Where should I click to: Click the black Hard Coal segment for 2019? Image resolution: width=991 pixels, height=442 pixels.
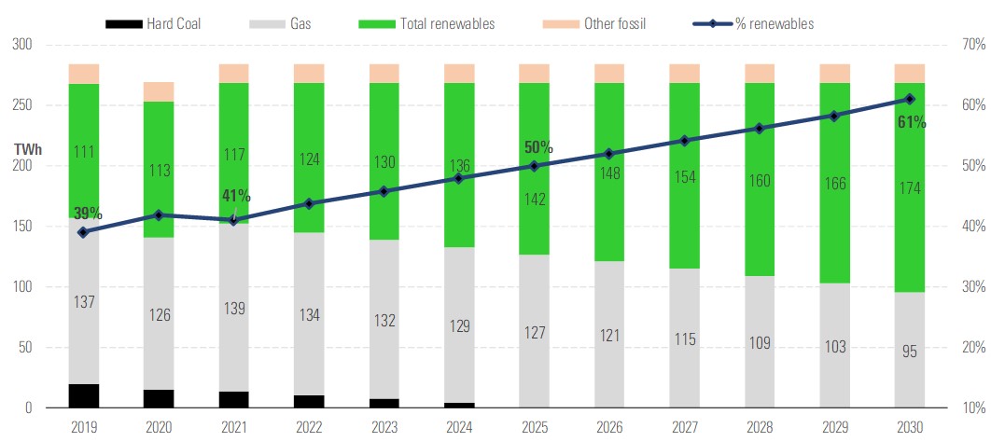(84, 396)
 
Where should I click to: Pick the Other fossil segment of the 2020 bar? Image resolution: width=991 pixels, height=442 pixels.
(159, 91)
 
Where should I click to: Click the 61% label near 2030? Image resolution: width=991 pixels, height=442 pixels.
(912, 122)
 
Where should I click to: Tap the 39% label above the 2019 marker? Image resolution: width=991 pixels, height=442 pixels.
(87, 214)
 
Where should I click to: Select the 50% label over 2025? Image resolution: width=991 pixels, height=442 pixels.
(537, 147)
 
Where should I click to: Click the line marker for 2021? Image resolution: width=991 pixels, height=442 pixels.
(233, 220)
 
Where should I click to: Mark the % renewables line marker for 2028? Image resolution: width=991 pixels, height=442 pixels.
(760, 129)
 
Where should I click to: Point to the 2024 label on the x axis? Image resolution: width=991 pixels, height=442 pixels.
(458, 428)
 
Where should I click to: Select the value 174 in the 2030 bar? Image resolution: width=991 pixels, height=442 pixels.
(910, 189)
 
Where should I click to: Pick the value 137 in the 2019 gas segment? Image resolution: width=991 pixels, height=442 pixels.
(84, 303)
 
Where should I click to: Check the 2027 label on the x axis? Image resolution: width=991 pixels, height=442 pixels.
(684, 428)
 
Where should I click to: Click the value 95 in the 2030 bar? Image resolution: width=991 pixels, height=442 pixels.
(910, 352)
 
